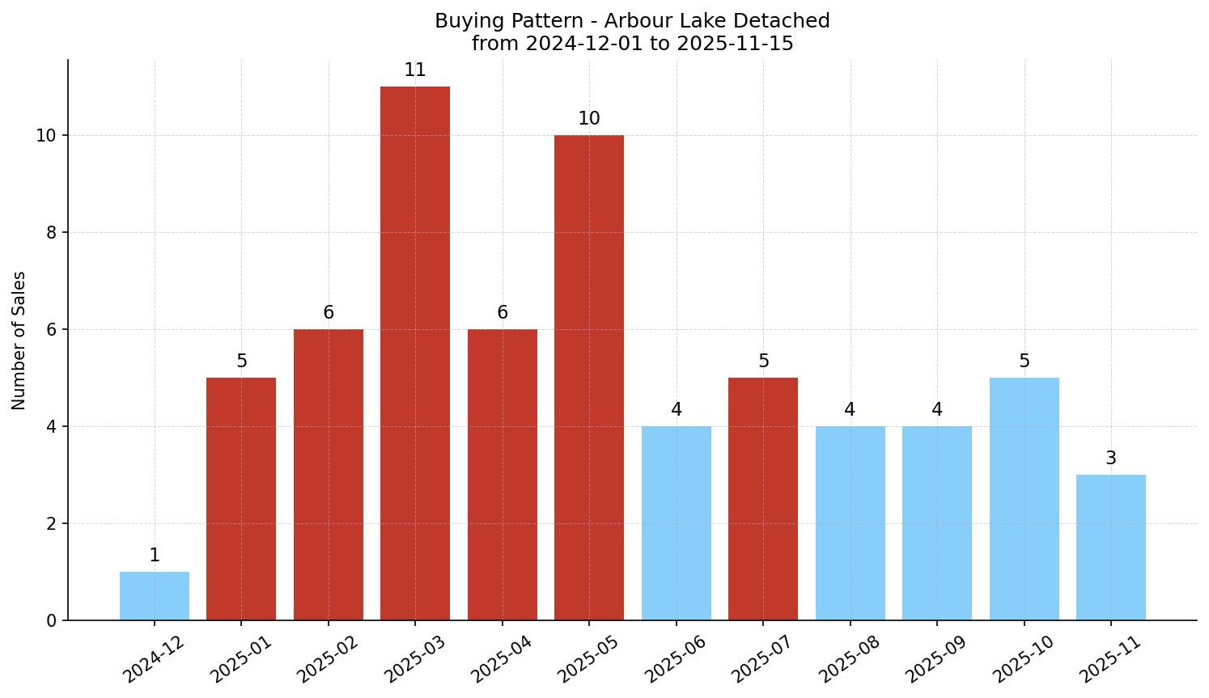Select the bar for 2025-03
[x=415, y=353]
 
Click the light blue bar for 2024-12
[x=155, y=596]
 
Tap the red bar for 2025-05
[x=589, y=378]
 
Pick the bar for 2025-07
[x=763, y=499]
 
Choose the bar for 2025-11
[x=1111, y=548]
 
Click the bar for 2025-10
[x=1024, y=499]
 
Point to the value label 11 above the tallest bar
[x=415, y=70]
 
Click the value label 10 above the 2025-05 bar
[x=589, y=119]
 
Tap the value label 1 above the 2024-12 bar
[x=155, y=556]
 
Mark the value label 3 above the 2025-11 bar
[x=1111, y=459]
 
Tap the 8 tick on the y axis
[x=51, y=233]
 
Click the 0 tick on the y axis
[x=51, y=621]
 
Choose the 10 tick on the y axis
[x=46, y=136]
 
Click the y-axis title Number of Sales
[x=19, y=341]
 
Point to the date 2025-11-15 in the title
[x=735, y=44]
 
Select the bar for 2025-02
[x=329, y=475]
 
